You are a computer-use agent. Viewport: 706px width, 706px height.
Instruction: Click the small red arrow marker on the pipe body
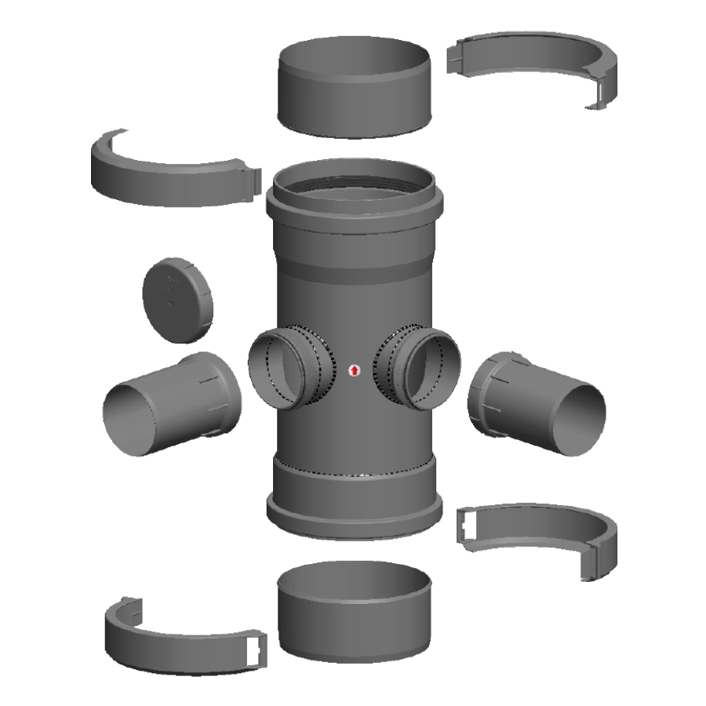pos(354,369)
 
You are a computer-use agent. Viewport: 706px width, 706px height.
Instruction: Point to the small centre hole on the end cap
pos(170,299)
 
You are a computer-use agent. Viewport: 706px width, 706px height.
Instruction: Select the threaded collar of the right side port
pos(391,367)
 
